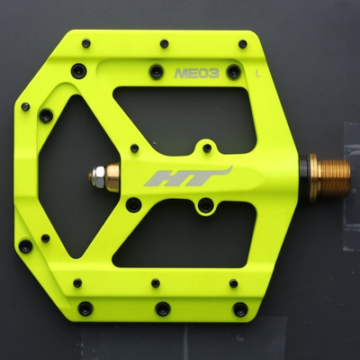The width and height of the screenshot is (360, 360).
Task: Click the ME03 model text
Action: point(196,73)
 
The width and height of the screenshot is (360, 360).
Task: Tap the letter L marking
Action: point(257,74)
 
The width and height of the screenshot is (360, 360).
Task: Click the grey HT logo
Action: point(188,176)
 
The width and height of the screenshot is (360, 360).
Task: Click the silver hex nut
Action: point(98,176)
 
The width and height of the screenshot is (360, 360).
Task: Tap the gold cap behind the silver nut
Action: point(112,177)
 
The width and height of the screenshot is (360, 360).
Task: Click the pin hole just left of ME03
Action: point(157,71)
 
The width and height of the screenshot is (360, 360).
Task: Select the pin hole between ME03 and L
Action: point(234,72)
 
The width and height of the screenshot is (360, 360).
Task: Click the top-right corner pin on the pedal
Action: point(243,44)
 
